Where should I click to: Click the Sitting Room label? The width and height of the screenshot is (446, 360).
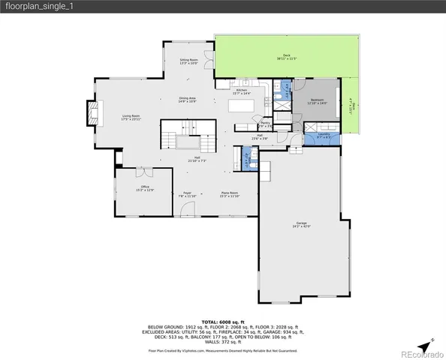188,61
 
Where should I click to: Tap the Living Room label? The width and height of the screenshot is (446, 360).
131,118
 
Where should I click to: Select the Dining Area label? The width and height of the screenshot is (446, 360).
187,100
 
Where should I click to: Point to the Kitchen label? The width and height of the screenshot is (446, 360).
243,91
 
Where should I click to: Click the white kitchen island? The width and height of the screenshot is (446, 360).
243,106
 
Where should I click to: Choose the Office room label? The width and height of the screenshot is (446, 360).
145,188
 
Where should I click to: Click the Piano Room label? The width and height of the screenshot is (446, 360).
230,194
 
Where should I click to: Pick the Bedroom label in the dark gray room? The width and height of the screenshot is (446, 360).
318,101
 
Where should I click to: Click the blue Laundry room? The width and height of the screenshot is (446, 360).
324,136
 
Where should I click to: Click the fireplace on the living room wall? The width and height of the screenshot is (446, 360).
93,112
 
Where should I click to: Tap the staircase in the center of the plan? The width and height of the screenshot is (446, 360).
188,140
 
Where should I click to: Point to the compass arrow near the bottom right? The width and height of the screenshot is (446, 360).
426,345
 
